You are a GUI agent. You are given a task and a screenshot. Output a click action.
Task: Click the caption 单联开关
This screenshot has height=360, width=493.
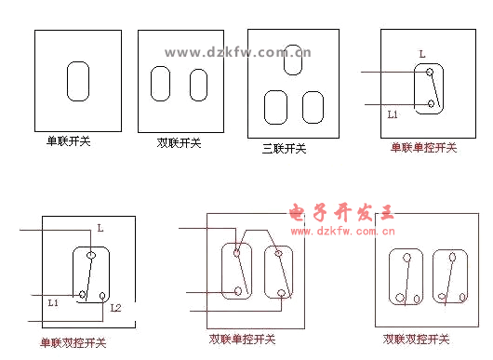[x=69, y=140]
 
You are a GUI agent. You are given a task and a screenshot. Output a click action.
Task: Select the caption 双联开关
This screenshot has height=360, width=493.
[x=179, y=143]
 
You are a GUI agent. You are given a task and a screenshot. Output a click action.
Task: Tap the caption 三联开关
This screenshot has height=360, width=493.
[x=285, y=149]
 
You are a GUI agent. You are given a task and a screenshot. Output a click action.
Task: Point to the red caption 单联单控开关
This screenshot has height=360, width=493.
[x=423, y=148]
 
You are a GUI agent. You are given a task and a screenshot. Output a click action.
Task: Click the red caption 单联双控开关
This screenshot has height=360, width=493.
[x=73, y=342]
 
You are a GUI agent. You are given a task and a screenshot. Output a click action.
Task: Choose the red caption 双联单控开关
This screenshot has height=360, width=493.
[x=242, y=340]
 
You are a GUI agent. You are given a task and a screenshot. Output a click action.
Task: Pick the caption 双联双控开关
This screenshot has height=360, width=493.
[x=417, y=339]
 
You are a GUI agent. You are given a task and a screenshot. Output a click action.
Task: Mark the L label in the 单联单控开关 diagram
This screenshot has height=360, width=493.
[x=422, y=54]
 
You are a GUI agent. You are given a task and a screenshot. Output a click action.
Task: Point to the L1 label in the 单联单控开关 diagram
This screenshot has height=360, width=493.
[x=393, y=114]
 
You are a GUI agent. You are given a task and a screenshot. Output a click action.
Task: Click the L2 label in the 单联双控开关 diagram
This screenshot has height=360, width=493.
[x=115, y=308]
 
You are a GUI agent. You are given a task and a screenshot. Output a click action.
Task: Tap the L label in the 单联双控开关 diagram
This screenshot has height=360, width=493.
[x=100, y=228]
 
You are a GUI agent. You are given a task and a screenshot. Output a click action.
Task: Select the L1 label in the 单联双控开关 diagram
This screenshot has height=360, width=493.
[x=53, y=302]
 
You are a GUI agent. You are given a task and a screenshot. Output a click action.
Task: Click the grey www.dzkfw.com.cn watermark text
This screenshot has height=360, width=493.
[x=238, y=52]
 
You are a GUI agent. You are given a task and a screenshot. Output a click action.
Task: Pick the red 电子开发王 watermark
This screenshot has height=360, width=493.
[x=341, y=212]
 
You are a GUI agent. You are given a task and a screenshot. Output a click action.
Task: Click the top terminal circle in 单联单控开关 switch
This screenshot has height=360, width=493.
[x=430, y=72]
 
